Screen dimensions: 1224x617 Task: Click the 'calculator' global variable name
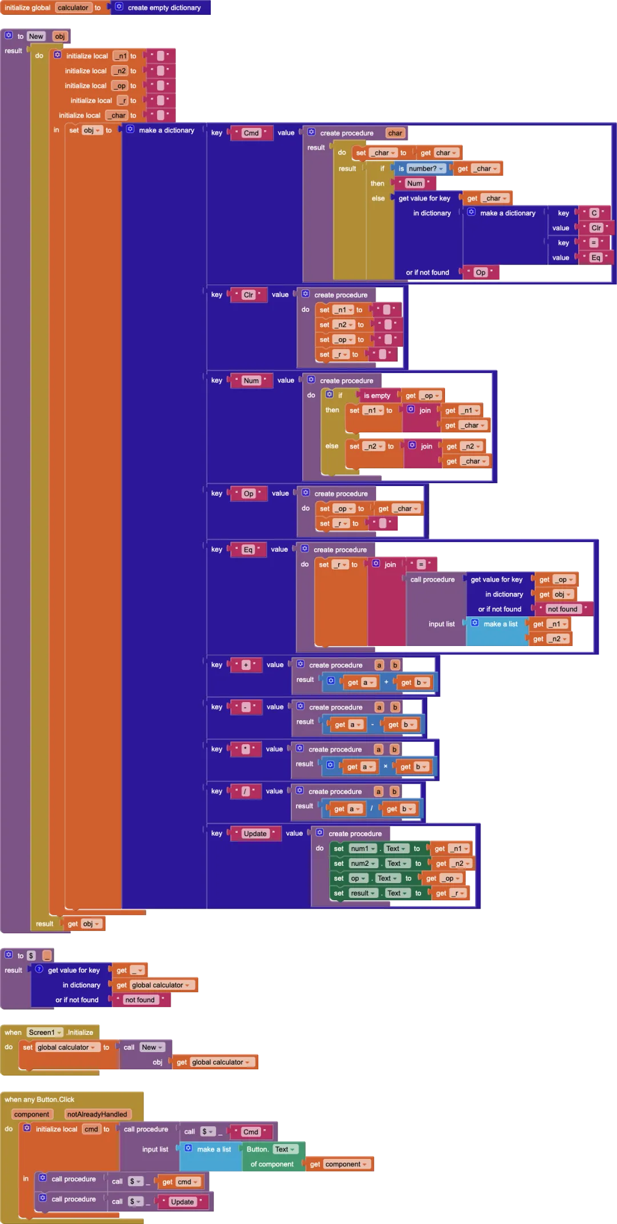click(x=73, y=7)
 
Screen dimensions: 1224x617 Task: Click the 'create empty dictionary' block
click(x=164, y=7)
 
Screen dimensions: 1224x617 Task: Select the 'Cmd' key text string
click(x=251, y=133)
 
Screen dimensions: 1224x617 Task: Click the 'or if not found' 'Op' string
click(x=480, y=272)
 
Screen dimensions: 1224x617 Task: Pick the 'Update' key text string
click(x=255, y=833)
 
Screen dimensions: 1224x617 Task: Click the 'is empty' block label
click(x=377, y=395)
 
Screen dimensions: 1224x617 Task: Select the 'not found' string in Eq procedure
click(x=562, y=609)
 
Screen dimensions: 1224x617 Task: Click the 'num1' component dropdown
click(x=363, y=848)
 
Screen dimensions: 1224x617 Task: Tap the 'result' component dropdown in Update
click(x=363, y=893)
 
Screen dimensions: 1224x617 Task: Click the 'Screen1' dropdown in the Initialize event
click(x=45, y=1032)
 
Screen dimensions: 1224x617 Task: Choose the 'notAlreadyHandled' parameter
click(x=97, y=1114)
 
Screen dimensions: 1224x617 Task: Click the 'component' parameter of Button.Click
click(x=32, y=1114)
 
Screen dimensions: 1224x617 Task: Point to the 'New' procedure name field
click(x=36, y=36)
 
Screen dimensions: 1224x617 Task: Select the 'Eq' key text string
click(x=248, y=549)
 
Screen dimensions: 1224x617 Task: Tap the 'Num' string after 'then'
click(x=415, y=183)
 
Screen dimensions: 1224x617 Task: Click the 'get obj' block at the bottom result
click(x=83, y=924)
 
